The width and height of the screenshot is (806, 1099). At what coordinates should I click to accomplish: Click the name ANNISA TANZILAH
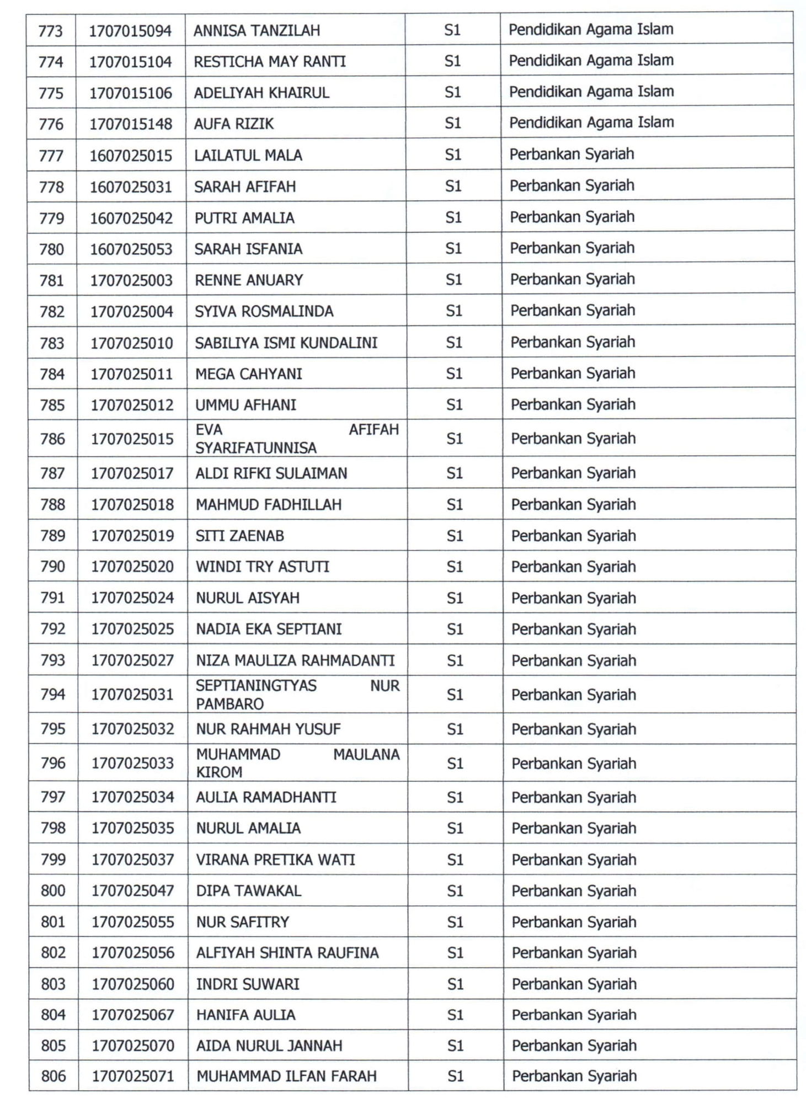(257, 30)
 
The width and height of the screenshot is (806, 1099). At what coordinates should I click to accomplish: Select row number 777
(51, 156)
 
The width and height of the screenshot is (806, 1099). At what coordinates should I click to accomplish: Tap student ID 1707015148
(131, 124)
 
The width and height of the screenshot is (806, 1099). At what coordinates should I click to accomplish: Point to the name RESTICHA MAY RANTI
(270, 61)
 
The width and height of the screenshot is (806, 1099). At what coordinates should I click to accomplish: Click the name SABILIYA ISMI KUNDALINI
(286, 343)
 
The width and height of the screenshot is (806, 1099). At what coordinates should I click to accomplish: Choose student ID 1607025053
(131, 249)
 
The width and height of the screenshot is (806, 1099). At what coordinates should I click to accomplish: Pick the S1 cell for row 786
(454, 439)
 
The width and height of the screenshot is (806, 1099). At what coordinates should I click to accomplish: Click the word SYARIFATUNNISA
(256, 448)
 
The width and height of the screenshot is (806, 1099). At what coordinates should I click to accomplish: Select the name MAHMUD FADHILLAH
(269, 505)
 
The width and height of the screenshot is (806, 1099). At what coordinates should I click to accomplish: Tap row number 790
(52, 567)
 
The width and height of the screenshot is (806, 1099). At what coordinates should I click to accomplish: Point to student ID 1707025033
(132, 763)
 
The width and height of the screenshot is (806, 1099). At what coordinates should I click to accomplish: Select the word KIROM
(219, 772)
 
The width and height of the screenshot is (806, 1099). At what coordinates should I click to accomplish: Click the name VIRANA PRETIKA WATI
(275, 860)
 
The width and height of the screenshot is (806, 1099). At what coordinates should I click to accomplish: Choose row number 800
(53, 890)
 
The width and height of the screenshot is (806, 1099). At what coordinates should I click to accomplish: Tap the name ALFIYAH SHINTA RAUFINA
(287, 953)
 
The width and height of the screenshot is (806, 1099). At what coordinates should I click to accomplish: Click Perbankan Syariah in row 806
(574, 1076)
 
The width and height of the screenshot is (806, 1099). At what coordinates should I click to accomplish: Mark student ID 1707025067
(133, 1015)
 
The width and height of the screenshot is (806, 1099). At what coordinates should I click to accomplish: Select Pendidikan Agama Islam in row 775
(591, 92)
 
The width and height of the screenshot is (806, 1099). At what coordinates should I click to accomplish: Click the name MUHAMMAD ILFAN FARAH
(286, 1076)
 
